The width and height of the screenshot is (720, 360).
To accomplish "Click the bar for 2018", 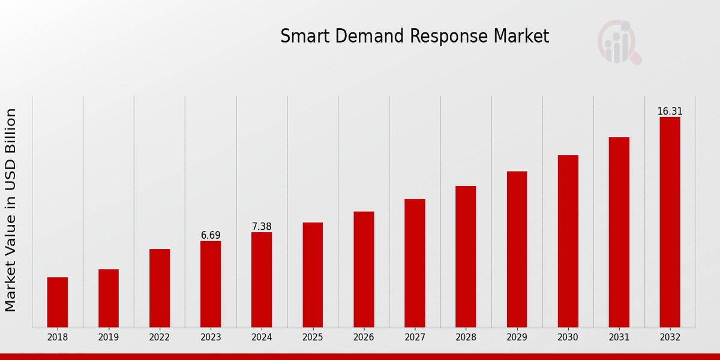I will (58, 302).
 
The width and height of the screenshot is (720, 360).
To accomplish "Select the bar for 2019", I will (109, 298).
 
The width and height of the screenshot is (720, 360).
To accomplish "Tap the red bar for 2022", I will (160, 287).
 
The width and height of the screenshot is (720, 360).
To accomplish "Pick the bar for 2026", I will (364, 269).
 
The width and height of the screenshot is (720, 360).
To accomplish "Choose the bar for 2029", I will (517, 249).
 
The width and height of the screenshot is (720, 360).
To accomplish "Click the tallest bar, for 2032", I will (670, 222).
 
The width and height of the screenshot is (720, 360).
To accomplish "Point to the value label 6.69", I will (211, 235).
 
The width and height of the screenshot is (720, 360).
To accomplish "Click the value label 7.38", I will (262, 226).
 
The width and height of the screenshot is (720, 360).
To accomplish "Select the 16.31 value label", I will (670, 111).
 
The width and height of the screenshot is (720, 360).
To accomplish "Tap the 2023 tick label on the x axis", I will (211, 337).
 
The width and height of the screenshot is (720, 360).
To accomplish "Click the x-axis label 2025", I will (313, 337).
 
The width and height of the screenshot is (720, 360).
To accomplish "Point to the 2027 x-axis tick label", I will (415, 337).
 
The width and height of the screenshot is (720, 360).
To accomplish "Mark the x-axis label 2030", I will (568, 337).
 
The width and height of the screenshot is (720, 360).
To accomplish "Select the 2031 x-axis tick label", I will (619, 337).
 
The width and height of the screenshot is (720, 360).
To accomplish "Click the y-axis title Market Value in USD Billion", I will (11, 210).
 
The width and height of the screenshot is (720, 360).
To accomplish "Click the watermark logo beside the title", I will (619, 42).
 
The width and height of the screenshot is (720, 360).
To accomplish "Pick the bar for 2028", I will (466, 256).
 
